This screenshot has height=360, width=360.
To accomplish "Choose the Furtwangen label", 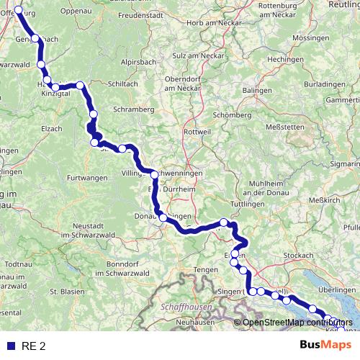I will tap(85, 176).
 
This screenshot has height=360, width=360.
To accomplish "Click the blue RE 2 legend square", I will tap(10, 346).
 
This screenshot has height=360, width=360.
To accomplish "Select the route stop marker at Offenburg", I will tap(19, 11).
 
